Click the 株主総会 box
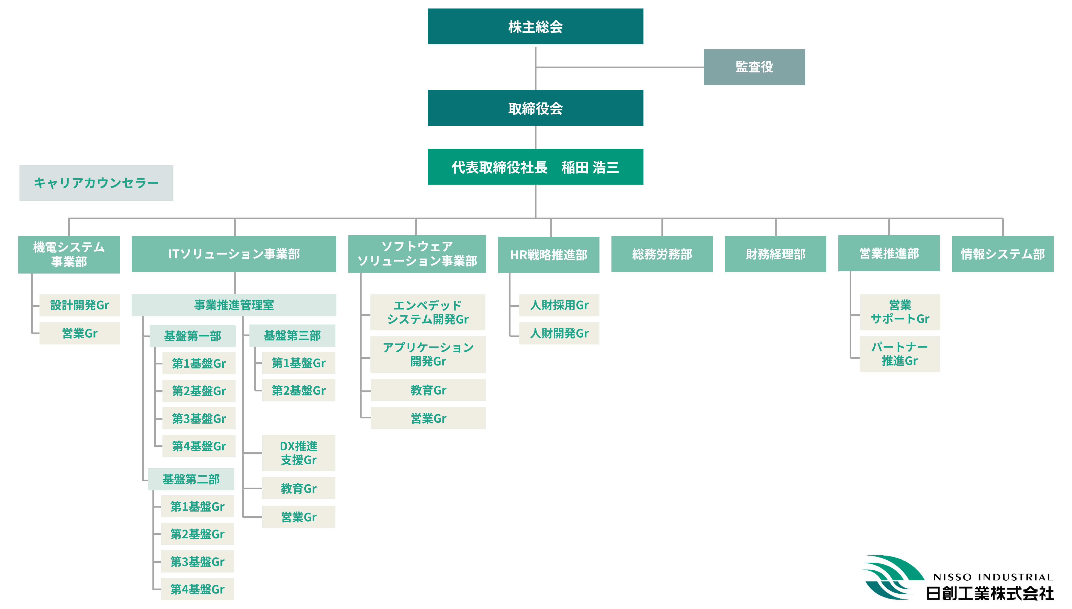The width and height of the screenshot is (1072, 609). [535, 26]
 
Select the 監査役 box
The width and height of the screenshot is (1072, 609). [754, 67]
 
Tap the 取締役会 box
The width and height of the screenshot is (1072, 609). [535, 108]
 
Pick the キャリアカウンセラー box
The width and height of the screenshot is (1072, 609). [96, 183]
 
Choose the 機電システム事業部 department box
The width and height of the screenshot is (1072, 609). [69, 254]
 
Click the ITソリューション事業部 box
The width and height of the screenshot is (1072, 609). [234, 254]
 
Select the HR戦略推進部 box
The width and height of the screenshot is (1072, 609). [548, 254]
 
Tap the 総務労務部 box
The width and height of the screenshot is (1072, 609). [662, 254]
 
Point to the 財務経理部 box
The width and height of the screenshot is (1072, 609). [775, 254]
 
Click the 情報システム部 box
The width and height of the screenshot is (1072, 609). [1003, 254]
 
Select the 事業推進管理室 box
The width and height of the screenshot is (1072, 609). [234, 305]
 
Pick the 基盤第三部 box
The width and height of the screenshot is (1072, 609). [292, 335]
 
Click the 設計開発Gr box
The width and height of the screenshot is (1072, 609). [79, 305]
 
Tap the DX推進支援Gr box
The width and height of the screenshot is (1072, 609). [298, 453]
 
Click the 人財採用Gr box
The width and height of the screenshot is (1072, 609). [559, 305]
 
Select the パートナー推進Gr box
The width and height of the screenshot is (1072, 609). [900, 354]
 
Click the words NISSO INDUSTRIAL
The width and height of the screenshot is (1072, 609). [993, 577]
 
